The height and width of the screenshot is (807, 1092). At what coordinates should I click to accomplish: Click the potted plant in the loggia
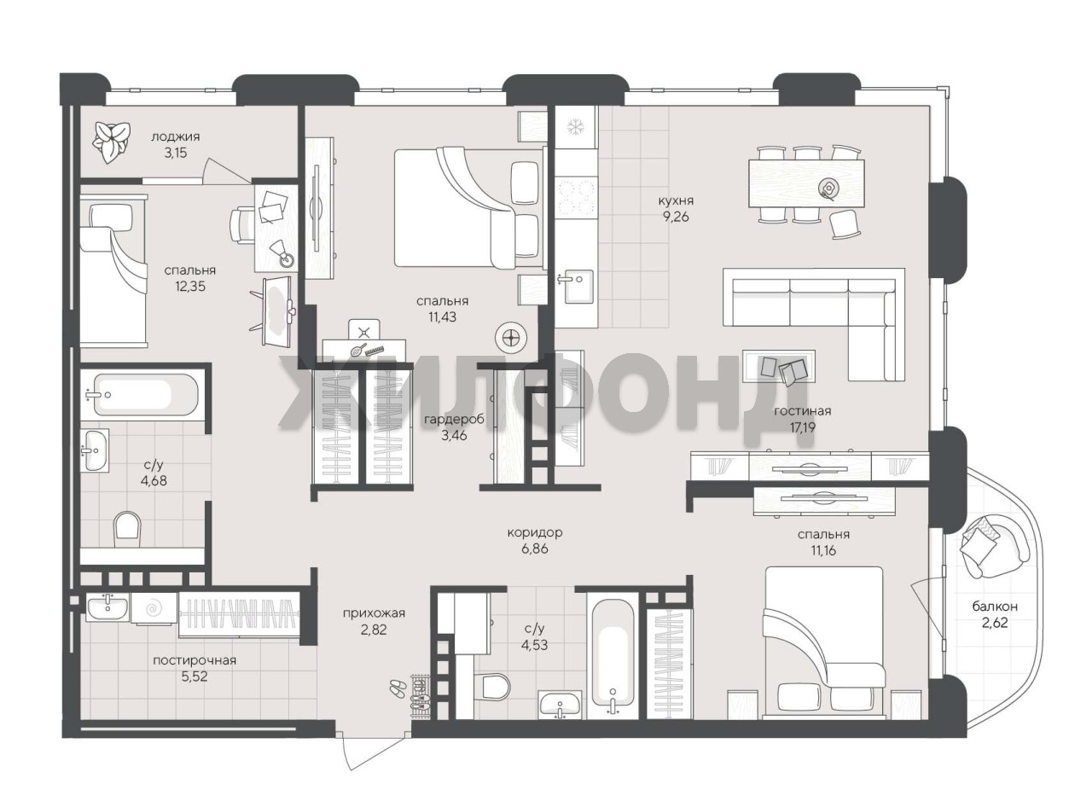[x=113, y=142]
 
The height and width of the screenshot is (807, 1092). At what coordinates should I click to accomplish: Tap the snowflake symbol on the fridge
[x=574, y=127]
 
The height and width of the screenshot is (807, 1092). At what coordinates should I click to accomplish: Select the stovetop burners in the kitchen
[x=575, y=198]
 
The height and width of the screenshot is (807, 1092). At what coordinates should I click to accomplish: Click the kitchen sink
[x=578, y=287]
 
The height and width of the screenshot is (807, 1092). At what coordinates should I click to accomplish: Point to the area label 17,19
[x=802, y=427]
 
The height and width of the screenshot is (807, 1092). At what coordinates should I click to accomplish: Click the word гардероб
[x=454, y=419]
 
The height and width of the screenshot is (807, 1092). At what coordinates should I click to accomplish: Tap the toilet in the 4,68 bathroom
[x=127, y=529]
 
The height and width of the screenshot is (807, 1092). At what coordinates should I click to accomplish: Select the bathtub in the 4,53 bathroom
[x=612, y=659]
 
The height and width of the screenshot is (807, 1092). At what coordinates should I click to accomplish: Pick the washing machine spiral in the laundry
[x=154, y=609]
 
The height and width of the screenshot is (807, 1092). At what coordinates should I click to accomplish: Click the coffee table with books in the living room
[x=779, y=366]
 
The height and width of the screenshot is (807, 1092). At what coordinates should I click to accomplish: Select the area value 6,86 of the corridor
[x=535, y=549]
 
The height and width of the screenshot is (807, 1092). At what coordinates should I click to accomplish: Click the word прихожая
[x=375, y=613]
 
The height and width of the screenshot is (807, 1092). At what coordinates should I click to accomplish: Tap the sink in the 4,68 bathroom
[x=96, y=450]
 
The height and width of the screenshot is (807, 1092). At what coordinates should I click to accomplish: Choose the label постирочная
[x=195, y=660]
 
